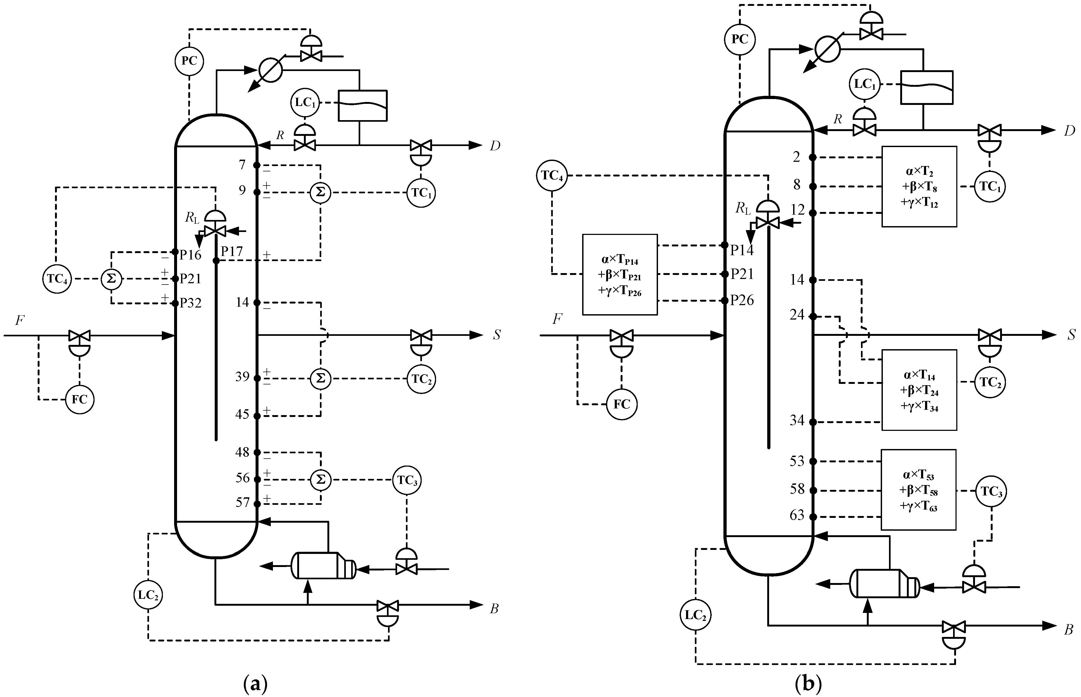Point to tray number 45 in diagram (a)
coord(243,414)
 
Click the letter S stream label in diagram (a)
coord(497,335)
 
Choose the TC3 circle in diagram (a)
coord(407,480)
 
